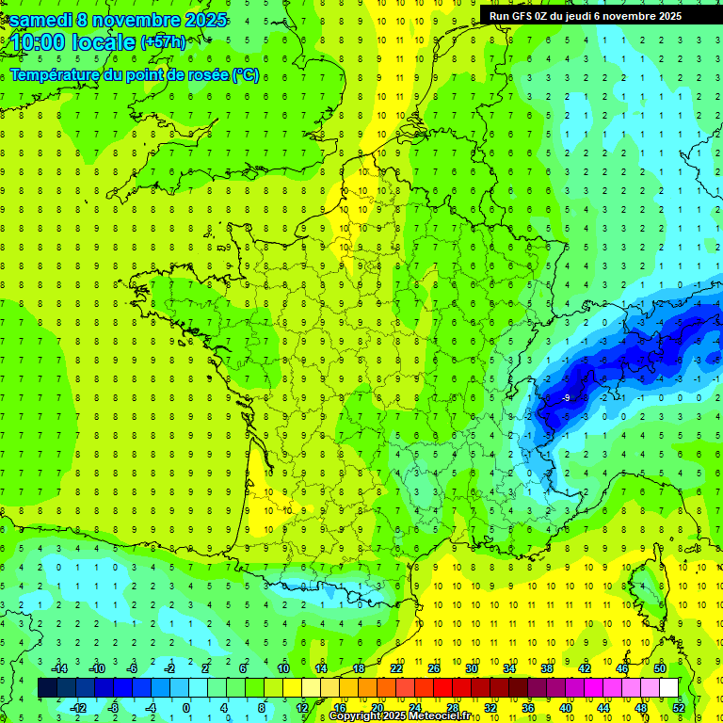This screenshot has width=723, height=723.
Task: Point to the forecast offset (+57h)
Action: pos(163,42)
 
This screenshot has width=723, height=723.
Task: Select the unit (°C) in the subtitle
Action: pos(246,75)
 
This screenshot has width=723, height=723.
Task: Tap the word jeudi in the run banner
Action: pos(590,16)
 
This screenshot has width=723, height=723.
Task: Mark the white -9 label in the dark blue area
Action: pos(565,399)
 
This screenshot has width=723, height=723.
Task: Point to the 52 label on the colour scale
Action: pos(679,707)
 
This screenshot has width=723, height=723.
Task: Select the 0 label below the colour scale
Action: pos(185,707)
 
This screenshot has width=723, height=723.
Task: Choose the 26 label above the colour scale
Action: pos(434,668)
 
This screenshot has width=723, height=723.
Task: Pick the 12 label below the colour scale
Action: pos(302,707)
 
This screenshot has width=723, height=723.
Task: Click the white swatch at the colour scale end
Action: pos(669,688)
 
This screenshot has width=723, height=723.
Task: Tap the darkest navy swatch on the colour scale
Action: pos(48,688)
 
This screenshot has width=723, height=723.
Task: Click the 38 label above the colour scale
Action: pos(547,668)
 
